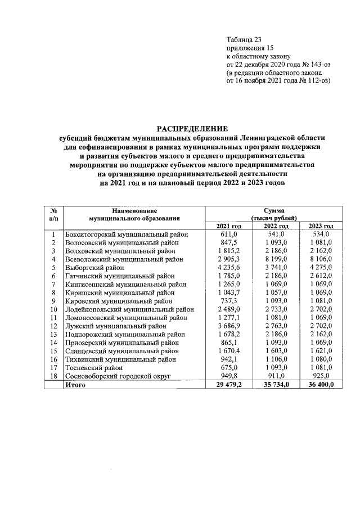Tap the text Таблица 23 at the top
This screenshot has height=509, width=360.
point(244,39)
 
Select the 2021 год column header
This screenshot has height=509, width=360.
point(225,226)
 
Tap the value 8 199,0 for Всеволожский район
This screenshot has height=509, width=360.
point(274,259)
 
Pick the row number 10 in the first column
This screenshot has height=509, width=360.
point(53,309)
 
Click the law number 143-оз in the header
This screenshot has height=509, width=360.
point(318,64)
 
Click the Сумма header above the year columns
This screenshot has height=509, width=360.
point(273,209)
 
